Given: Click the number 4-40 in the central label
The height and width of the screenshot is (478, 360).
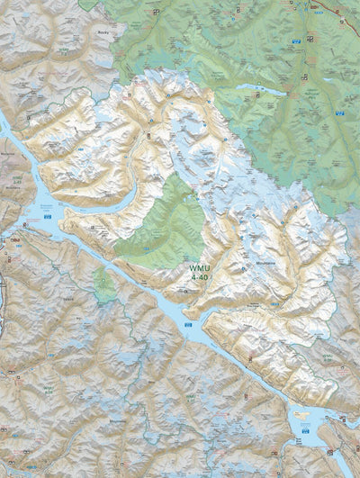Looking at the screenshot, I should (197, 278).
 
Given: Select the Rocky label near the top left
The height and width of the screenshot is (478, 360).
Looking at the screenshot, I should (101, 32).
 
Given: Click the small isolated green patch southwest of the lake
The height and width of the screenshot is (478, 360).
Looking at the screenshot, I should (104, 286).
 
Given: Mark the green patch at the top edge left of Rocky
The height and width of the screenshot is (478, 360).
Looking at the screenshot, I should (87, 4).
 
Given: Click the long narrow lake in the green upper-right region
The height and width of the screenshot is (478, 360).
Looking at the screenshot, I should (260, 89).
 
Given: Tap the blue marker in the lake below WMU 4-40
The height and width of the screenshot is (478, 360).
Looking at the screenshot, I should (187, 323).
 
